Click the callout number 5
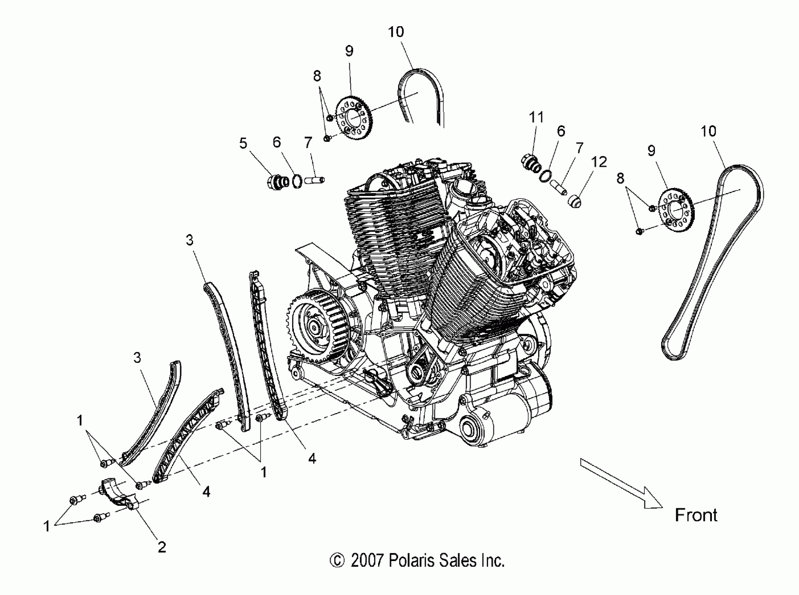point(243,143)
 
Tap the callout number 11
point(536,117)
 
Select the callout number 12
point(599,162)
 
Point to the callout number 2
point(162,547)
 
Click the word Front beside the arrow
point(696,515)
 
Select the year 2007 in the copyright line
point(366,561)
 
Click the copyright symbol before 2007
point(337,561)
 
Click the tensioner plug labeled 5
point(277,182)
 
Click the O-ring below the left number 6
point(297,181)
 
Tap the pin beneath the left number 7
point(314,179)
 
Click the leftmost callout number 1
point(47,526)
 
